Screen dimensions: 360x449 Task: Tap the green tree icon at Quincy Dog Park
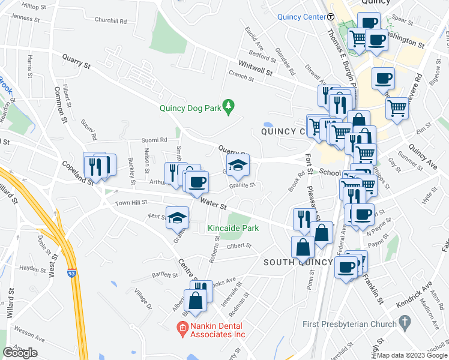click(228, 107)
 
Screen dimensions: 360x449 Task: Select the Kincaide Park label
click(233, 228)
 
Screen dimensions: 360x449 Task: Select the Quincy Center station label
click(301, 17)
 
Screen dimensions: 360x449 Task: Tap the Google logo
click(20, 353)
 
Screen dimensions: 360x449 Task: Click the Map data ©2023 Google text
click(412, 355)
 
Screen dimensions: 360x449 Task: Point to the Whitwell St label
click(255, 70)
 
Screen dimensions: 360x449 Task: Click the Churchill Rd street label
click(110, 20)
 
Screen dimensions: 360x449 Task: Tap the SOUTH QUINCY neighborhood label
click(298, 262)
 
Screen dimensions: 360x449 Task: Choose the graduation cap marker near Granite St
click(238, 166)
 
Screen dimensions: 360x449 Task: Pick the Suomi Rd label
click(154, 140)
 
